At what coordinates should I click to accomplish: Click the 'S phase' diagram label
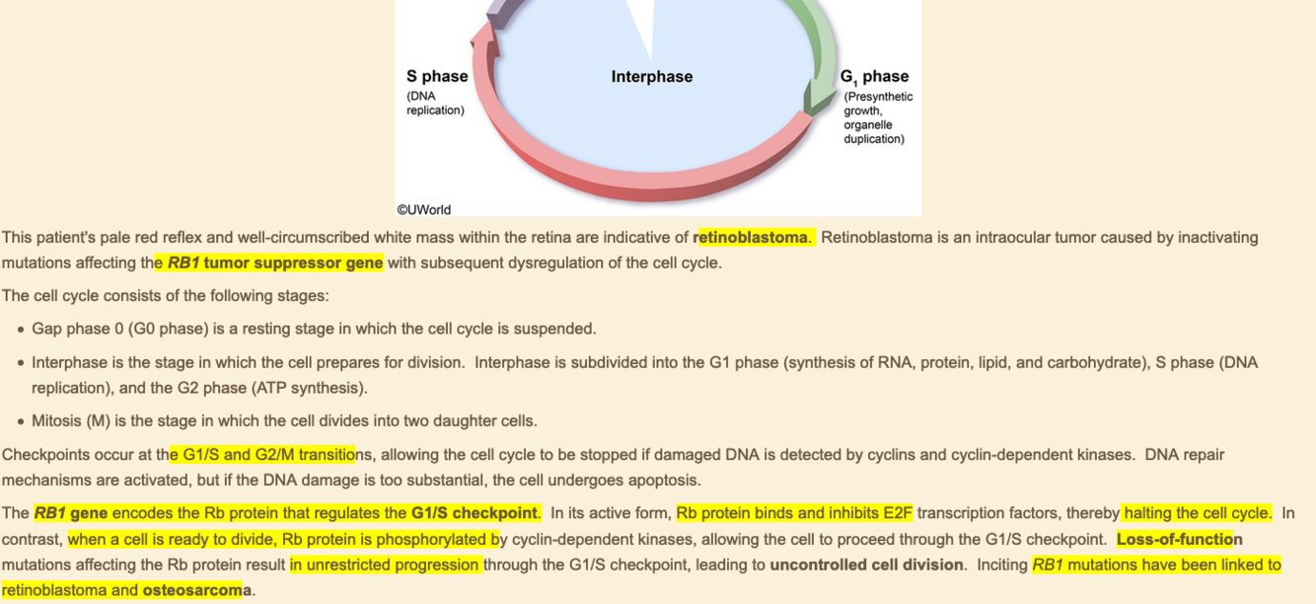(437, 76)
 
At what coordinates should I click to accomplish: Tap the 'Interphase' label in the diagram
(651, 76)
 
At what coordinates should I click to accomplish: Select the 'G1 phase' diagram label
(874, 76)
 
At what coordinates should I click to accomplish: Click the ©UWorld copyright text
(424, 209)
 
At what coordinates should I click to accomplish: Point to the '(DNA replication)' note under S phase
(435, 103)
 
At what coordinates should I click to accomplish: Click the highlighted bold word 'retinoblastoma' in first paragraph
(753, 237)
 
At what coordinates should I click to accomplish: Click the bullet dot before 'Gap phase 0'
(20, 330)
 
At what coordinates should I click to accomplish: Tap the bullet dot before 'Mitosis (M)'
(20, 421)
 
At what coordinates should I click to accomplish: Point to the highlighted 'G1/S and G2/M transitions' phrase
(262, 455)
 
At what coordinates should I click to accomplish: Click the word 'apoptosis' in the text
(665, 481)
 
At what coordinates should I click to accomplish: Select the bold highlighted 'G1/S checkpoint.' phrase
(475, 513)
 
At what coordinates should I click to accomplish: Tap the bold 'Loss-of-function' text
(1179, 539)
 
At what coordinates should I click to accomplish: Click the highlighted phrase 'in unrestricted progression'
(386, 565)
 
